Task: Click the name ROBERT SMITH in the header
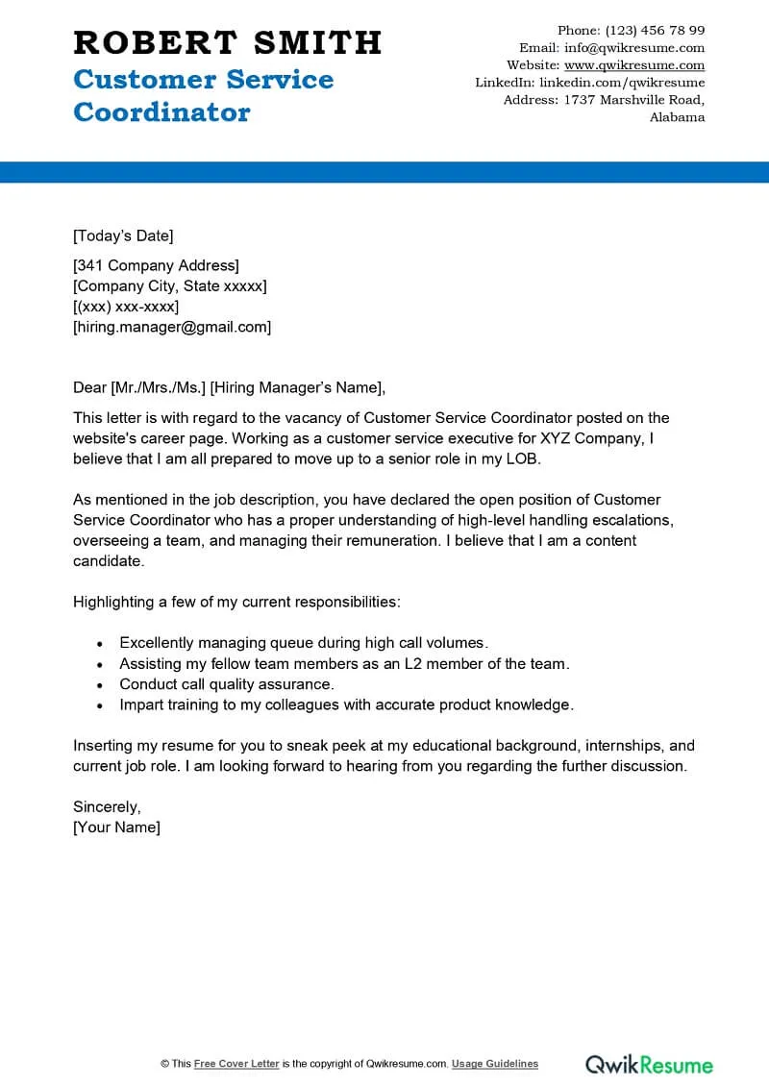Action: pos(227,42)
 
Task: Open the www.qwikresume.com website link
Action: pos(633,65)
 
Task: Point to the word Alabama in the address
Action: pos(677,117)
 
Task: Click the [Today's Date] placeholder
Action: pos(123,235)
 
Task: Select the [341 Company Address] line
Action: pos(156,265)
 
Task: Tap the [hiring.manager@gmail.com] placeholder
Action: pos(172,327)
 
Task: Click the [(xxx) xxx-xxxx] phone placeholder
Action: pos(126,307)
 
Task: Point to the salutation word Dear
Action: pos(89,388)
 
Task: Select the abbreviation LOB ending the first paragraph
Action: pos(524,458)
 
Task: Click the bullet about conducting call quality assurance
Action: pos(226,684)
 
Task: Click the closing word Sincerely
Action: pos(107,806)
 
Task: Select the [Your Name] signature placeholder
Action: pos(116,827)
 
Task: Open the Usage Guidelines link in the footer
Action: pos(495,1064)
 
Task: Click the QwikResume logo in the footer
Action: pos(649,1064)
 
